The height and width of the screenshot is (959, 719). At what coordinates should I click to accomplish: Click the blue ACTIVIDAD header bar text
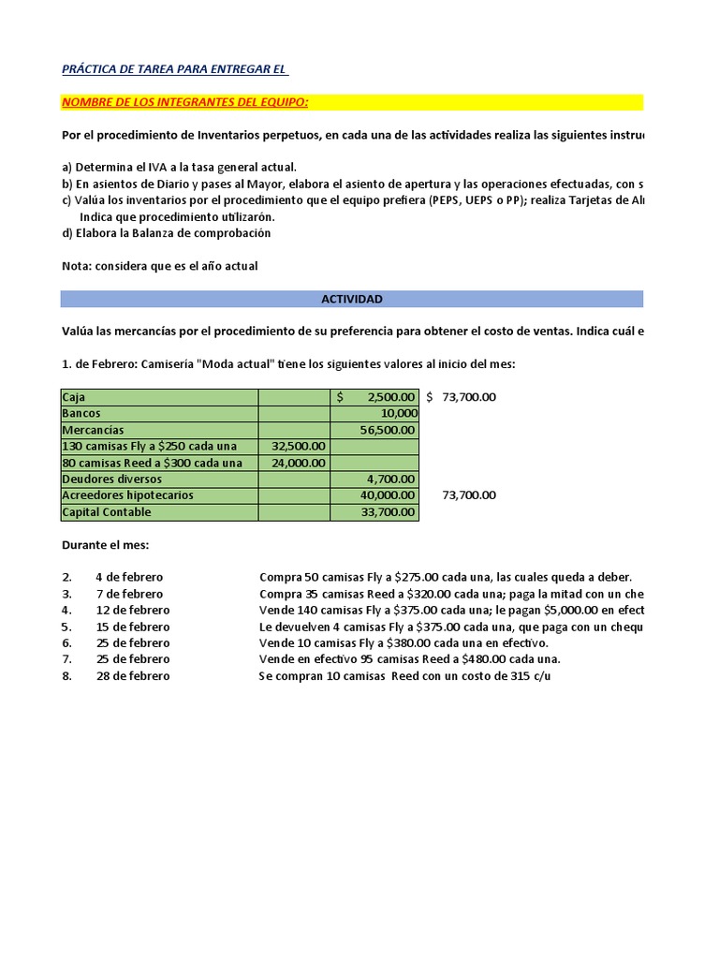pos(351,299)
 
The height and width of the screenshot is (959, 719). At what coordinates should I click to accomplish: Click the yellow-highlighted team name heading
pos(184,101)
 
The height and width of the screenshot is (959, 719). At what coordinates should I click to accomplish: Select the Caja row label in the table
pos(74,397)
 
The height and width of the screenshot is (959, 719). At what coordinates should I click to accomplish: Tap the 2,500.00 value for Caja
pos(385,397)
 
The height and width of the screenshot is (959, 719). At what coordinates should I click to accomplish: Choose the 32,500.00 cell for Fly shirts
pos(299,446)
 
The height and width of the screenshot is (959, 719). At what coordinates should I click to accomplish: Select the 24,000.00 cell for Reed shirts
pos(299,463)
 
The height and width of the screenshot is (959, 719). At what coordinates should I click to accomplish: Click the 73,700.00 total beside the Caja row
pos(468,397)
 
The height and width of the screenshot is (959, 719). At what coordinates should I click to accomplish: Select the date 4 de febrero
pos(128,577)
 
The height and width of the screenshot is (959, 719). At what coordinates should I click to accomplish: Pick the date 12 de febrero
pos(132,611)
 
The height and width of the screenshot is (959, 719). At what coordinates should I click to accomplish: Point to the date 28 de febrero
pos(132,676)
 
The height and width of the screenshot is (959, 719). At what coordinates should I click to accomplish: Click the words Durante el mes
pos(105,544)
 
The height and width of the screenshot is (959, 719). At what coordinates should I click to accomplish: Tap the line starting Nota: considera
pos(159,266)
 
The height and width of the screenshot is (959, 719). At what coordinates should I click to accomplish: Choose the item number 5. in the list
pos(66,627)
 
